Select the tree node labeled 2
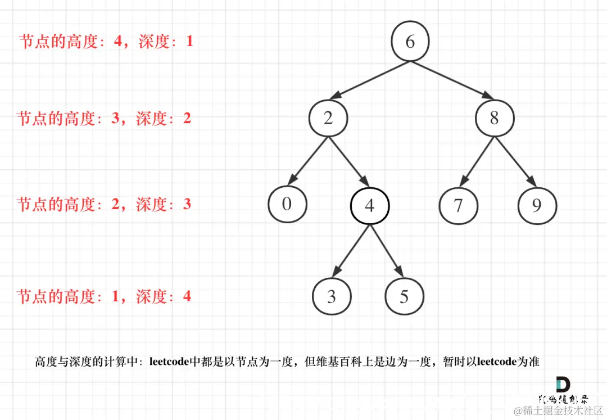[x=328, y=118]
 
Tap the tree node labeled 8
[x=494, y=118]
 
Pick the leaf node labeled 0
[x=287, y=204]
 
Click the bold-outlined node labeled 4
[x=369, y=206]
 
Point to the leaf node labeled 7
[x=458, y=205]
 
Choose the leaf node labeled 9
[x=537, y=205]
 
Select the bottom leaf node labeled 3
[x=332, y=296]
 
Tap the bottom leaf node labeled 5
[x=404, y=296]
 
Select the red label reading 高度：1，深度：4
[x=104, y=296]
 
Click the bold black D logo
[x=562, y=385]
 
